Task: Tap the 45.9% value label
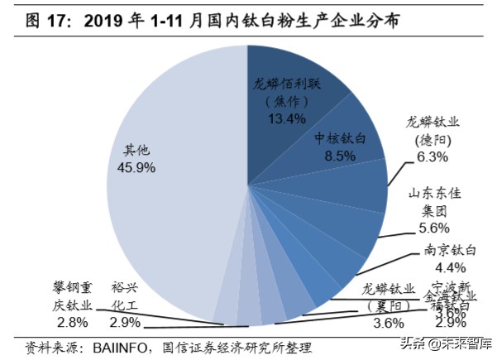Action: click(131, 168)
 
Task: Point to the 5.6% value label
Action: click(429, 228)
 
